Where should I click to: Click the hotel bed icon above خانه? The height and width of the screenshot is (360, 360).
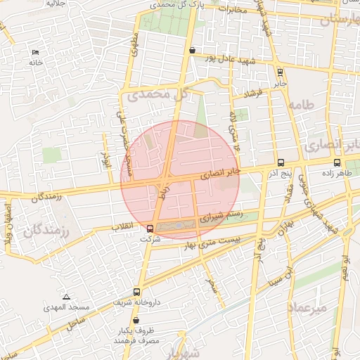(36, 53)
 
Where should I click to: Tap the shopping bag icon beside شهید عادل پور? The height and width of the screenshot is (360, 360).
(192, 50)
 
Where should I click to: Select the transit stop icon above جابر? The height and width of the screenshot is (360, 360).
(281, 71)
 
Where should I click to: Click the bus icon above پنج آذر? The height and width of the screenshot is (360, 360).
(281, 162)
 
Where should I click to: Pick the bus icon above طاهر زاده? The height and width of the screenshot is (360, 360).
(336, 162)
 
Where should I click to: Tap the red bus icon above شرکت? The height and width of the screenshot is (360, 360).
(150, 229)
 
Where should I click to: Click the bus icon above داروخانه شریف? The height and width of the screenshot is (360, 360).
(136, 292)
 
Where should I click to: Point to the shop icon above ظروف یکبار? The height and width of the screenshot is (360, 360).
(136, 320)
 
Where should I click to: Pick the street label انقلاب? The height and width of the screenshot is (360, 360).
(125, 228)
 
